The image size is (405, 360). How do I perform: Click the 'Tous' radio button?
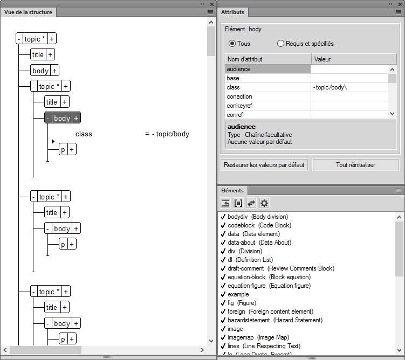pos(232,44)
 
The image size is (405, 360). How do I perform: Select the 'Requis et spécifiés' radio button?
pos(280,44)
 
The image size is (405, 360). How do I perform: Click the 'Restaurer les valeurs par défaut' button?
pos(264,165)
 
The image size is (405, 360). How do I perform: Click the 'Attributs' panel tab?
pos(232,12)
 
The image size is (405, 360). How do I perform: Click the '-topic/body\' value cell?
pos(349,87)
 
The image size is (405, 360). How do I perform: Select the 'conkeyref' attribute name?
pos(240,106)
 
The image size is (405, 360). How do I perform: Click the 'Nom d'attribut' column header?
pos(268,59)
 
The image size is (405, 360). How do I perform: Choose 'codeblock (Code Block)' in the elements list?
pos(259,225)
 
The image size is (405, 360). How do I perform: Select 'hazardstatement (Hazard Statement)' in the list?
pos(275,320)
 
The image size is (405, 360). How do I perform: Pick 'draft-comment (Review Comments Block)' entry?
pos(280,268)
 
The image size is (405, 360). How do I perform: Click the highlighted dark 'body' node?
pos(62,118)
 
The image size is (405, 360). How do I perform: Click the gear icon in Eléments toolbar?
pos(264,203)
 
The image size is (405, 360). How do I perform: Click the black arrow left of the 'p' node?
pos(53,142)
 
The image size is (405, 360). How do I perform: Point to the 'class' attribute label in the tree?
pos(84,134)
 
